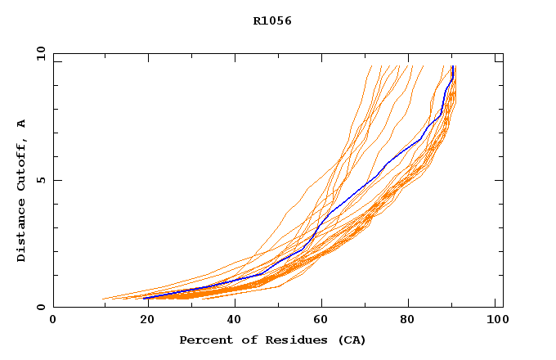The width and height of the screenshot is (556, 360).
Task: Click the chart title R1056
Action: (272, 20)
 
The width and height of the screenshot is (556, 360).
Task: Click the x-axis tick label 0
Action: (53, 321)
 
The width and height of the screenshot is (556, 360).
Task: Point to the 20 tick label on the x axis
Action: (141, 321)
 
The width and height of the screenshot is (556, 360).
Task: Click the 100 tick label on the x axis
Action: (495, 321)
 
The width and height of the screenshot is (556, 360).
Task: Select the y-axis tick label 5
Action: (40, 180)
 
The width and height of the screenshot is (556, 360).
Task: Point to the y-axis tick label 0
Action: (40, 307)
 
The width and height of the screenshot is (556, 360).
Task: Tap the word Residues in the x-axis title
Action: (281, 340)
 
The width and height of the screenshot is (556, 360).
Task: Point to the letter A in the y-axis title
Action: (22, 124)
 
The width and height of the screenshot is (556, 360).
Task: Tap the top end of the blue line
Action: (453, 67)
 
